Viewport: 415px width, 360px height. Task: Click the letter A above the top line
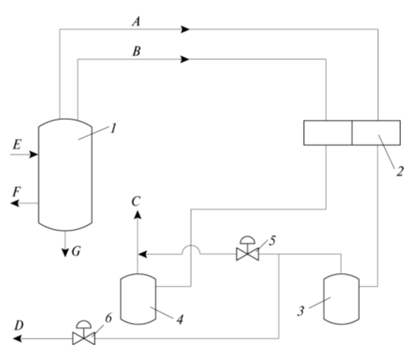(x=136, y=22)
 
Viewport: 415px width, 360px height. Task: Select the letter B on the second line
(x=136, y=51)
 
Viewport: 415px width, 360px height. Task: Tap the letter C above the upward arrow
(x=136, y=201)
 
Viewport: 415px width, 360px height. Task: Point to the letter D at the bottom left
(x=19, y=325)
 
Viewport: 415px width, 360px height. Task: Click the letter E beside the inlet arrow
(x=17, y=144)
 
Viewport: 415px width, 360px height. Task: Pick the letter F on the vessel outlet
(x=17, y=192)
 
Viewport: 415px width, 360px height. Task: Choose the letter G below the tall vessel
(x=77, y=251)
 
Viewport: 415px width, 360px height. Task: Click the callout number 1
(x=113, y=129)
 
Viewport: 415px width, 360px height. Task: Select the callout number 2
(x=400, y=171)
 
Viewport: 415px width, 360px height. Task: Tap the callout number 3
(x=301, y=311)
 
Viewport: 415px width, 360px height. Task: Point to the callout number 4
(x=180, y=320)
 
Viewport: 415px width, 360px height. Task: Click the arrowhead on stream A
(x=185, y=29)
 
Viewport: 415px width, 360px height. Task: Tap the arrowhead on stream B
(x=185, y=59)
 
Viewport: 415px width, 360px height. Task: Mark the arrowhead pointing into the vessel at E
(x=34, y=154)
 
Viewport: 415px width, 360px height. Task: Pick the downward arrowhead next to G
(x=65, y=253)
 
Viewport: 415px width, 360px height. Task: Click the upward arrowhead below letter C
(x=137, y=215)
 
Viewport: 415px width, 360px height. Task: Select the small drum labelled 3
(x=342, y=299)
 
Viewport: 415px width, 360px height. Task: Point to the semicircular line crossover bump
(x=191, y=246)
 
